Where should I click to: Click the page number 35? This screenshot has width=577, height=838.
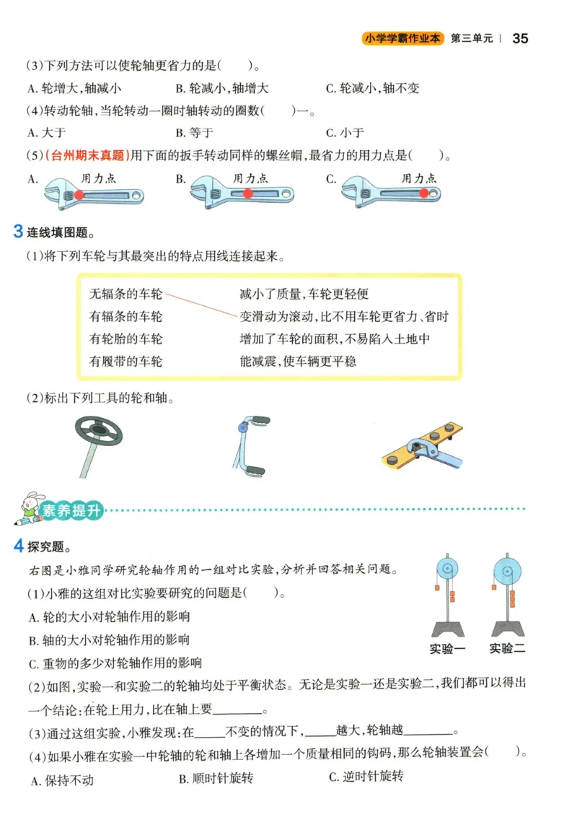[520, 38]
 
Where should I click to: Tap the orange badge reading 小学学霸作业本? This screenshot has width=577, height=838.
[403, 38]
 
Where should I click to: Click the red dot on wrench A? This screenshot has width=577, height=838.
[78, 195]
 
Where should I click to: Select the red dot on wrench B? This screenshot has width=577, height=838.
[247, 193]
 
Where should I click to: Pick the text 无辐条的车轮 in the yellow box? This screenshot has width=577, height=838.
[125, 294]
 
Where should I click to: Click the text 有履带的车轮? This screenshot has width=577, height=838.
[125, 361]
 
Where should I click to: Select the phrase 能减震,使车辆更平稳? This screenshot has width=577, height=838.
[297, 361]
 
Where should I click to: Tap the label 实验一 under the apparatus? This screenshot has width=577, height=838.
[447, 648]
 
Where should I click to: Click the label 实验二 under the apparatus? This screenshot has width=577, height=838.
[507, 648]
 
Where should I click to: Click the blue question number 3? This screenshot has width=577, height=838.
[19, 232]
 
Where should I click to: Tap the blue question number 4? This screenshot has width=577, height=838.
[19, 546]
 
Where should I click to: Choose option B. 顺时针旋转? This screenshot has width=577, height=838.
[216, 779]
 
